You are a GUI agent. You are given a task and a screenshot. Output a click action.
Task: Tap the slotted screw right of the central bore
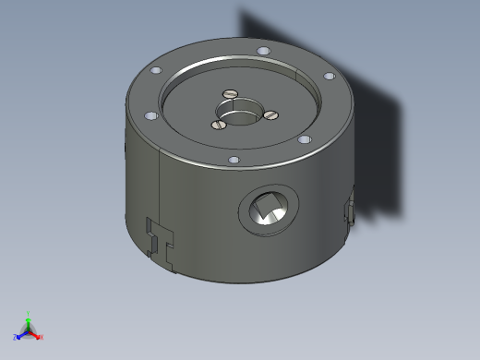[271, 115]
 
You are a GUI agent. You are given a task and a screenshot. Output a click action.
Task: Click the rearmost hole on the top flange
[263, 50]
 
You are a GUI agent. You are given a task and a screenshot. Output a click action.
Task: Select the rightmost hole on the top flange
[329, 78]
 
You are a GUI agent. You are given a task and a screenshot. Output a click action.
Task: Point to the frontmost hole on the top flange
[234, 160]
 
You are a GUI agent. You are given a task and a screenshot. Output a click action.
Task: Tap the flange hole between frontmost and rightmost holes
[302, 139]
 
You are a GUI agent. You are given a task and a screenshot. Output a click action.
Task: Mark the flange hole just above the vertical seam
[150, 116]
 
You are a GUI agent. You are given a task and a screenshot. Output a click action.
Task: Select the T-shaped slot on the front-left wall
[162, 242]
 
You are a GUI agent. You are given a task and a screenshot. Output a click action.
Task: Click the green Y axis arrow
[28, 319]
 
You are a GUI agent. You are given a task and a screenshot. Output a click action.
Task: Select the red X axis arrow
[36, 335]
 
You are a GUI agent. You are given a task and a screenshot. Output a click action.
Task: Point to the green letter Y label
[29, 312]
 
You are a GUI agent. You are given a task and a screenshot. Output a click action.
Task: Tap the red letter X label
[42, 338]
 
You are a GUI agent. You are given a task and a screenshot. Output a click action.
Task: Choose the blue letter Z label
[15, 338]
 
